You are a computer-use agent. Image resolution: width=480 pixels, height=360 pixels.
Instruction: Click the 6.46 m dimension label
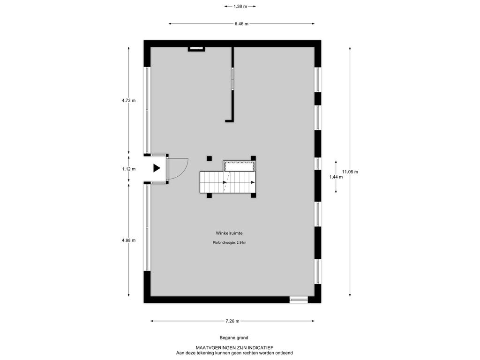pos(241,23)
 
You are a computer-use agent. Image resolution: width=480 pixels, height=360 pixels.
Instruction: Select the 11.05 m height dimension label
pos(350,172)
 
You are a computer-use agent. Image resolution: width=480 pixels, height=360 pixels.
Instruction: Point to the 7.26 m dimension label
pos(232,321)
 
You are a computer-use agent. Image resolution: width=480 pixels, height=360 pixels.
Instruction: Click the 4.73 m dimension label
pos(128,100)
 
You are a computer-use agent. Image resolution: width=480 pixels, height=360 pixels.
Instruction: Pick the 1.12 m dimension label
pos(128,169)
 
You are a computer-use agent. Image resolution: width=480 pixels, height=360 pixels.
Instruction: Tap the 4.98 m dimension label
pos(128,240)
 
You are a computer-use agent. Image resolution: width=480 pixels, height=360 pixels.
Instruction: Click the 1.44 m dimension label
pos(337,177)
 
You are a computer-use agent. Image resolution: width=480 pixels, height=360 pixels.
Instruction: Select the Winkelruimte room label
pos(229,232)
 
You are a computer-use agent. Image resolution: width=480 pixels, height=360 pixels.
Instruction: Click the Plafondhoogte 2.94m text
pos(229,242)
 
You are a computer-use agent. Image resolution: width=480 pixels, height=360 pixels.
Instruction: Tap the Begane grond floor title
pos(233,337)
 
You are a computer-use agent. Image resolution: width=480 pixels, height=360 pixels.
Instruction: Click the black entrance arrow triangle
pos(157,168)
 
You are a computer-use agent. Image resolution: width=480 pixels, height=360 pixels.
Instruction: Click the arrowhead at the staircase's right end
pos(253,182)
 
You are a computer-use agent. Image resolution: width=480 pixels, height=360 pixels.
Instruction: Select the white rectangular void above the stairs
pos(239,166)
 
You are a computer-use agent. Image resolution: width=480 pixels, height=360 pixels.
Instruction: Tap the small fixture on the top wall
pos(196,48)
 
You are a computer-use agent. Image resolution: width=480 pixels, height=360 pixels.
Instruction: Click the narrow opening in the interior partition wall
pos(232,78)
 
